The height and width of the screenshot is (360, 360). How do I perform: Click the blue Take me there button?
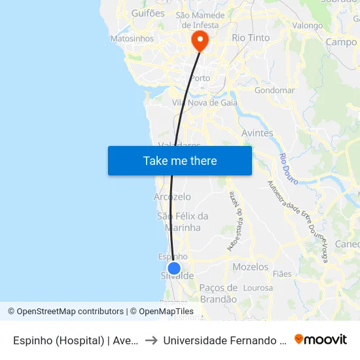[180, 160]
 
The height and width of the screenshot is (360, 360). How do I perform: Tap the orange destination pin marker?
[200, 41]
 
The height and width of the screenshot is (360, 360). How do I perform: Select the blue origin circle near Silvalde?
[174, 268]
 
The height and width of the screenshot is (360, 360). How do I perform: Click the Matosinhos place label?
[132, 39]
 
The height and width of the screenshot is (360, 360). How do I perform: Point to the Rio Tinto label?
[251, 38]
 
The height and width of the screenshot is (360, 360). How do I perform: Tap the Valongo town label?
[307, 26]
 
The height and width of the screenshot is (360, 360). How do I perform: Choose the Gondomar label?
[274, 90]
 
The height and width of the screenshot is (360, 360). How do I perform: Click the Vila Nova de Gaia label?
[204, 103]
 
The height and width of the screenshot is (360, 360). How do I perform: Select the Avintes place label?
[257, 133]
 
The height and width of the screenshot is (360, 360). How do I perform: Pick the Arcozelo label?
[172, 197]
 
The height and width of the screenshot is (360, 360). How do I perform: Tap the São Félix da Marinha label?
[183, 222]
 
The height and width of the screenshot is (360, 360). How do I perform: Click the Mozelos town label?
[250, 267]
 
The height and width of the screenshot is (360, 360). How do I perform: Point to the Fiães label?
[282, 274]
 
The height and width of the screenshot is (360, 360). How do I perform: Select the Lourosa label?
[258, 287]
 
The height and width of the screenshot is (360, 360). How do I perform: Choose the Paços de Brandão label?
[219, 293]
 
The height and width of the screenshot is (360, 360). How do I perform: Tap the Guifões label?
[148, 12]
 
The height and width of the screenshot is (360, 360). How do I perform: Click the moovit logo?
[321, 339]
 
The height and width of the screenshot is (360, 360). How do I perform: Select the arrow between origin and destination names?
[151, 340]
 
